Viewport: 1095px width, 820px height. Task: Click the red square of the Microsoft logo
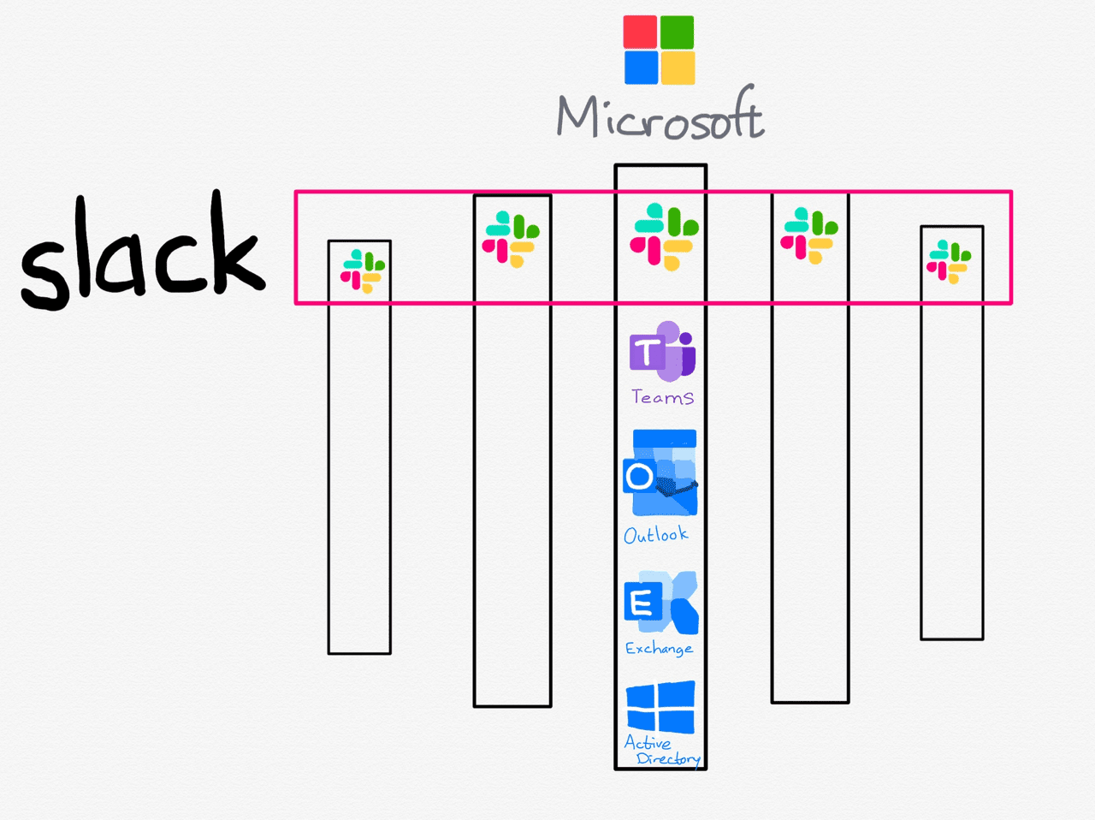[x=640, y=32]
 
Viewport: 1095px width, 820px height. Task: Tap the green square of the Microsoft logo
[x=678, y=32]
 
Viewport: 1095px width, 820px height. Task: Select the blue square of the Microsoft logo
[x=642, y=68]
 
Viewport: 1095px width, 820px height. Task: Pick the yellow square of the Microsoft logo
[x=678, y=68]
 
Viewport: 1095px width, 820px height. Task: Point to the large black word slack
[x=142, y=251]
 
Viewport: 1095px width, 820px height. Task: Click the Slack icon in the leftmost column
[x=363, y=271]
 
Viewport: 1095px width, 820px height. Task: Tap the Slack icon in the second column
[x=511, y=239]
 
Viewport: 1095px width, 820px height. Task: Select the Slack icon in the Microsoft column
[x=664, y=236]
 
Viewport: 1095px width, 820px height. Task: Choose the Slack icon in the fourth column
[x=809, y=235]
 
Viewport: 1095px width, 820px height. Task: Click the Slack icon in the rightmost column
[x=949, y=262]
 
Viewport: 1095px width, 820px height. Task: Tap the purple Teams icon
[x=663, y=351]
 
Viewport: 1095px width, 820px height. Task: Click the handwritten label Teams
[x=663, y=397]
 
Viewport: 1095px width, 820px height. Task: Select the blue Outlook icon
[x=660, y=472]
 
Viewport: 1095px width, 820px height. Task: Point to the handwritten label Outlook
[x=656, y=534]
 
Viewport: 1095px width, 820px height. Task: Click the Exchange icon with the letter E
[x=661, y=603]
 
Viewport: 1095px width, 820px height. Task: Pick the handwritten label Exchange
[x=659, y=648]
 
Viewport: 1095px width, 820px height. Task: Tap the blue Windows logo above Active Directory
[x=660, y=707]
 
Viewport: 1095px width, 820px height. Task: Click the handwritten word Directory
[x=669, y=759]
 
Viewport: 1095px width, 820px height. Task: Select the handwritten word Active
[x=648, y=743]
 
